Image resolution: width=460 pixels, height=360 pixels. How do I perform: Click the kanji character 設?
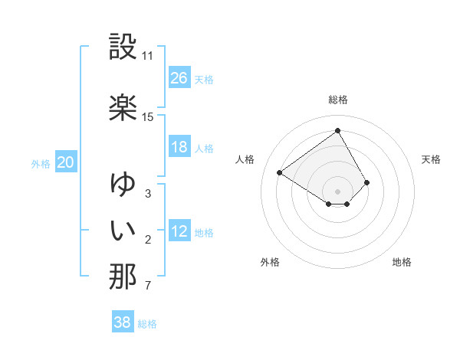pos(123,47)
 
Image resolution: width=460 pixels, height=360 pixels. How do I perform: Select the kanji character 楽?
pos(123,107)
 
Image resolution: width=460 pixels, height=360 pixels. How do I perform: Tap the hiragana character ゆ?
pos(123,184)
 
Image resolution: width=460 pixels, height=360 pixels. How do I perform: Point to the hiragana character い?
pos(123,230)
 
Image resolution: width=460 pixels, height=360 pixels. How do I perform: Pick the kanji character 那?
pos(123,277)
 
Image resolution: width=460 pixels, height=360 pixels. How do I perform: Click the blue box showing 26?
pos(179,78)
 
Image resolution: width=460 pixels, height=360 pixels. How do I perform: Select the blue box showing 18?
pos(179,147)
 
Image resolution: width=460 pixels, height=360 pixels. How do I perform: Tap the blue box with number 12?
pos(179,231)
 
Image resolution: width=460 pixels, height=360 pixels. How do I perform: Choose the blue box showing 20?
pos(66,162)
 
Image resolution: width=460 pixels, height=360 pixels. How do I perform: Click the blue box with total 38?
pos(123,322)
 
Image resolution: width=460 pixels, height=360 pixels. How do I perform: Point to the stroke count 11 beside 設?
pos(148,56)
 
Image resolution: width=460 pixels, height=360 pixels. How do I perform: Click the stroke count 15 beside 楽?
pos(148,117)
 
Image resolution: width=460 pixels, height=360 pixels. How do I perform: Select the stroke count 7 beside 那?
pos(147,286)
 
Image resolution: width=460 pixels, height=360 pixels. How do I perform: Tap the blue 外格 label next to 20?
pos(41,163)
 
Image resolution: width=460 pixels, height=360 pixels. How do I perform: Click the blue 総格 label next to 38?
pos(147,324)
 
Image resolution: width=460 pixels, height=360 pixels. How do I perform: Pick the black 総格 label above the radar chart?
pos(338,100)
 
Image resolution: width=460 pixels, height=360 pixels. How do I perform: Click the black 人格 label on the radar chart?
pos(245,159)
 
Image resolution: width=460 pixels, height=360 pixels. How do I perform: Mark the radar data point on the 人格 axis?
pos(280,172)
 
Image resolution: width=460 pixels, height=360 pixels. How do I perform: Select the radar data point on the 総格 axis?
pos(337,130)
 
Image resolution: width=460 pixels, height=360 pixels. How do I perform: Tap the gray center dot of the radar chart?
pos(337,191)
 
